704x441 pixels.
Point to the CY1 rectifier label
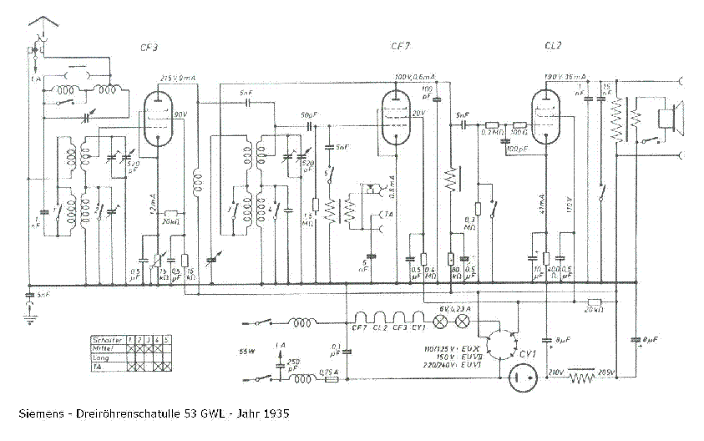pyautogui.click(x=527, y=355)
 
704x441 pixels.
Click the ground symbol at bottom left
pyautogui.click(x=31, y=317)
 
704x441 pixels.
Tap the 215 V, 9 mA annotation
pyautogui.click(x=178, y=78)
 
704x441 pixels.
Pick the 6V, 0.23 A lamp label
pyautogui.click(x=454, y=308)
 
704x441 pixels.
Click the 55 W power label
pyautogui.click(x=246, y=350)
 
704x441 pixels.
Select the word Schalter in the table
pyautogui.click(x=109, y=340)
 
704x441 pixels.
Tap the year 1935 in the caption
pyautogui.click(x=275, y=413)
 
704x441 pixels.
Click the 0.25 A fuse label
pyautogui.click(x=330, y=371)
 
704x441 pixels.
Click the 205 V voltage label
pyautogui.click(x=605, y=372)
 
